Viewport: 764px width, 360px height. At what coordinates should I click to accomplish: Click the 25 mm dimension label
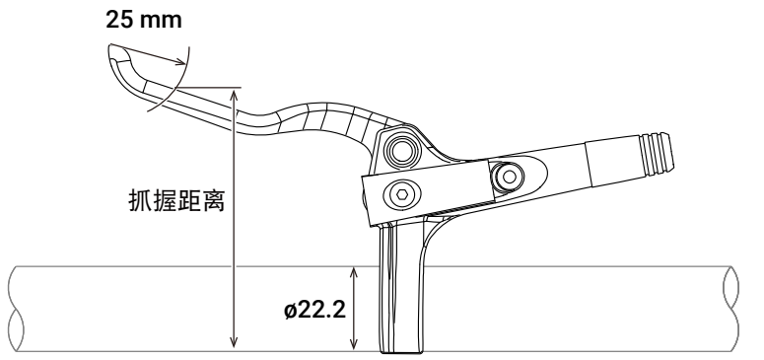coord(144,20)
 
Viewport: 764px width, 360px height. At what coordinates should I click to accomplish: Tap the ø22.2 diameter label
coord(314,310)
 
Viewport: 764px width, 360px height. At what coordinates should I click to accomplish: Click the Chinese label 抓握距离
coord(176,200)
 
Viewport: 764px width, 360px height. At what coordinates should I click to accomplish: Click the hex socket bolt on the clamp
coord(402,194)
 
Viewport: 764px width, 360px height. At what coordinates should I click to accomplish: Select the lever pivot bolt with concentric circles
coord(402,151)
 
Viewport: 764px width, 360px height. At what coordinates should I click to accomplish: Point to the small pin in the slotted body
coord(509,177)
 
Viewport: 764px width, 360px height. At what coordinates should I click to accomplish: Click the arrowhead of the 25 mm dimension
coord(181,61)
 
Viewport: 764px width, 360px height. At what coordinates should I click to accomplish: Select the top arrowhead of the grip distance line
coord(235,95)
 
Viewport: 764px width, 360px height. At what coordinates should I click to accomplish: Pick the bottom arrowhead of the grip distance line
coord(235,342)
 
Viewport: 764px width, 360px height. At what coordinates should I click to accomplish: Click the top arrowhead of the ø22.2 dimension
coord(354,272)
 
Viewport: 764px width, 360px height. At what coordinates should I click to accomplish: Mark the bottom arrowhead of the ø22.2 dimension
coord(354,343)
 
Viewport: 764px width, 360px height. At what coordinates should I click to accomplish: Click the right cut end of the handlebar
coord(730,309)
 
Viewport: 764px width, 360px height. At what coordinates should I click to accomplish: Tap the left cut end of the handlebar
coord(17,309)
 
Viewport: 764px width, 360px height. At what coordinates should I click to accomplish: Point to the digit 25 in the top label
coord(117,20)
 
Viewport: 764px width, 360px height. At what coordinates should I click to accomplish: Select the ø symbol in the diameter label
coord(291,311)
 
